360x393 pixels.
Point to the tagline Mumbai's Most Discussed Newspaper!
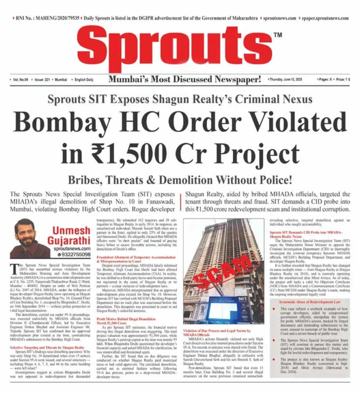coord(185,80)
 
